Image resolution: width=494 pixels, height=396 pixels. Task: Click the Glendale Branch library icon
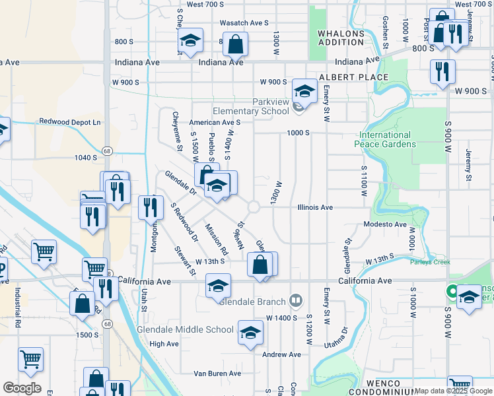tap(295, 302)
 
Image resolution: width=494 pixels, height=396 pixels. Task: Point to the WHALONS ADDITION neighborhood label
tap(341, 37)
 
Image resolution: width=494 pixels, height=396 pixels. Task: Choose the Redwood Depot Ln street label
tap(70, 121)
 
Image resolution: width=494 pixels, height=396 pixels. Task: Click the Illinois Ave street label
tap(315, 207)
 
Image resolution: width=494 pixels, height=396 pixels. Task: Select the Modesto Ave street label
tap(385, 224)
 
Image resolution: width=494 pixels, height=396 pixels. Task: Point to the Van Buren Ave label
tap(221, 373)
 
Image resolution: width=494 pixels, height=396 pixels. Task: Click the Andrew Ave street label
tap(282, 354)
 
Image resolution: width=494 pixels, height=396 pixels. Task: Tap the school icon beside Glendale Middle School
tap(250, 333)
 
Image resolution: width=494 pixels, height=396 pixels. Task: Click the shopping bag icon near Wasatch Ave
tap(234, 45)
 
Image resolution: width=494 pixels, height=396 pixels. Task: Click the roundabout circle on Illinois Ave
tap(254, 207)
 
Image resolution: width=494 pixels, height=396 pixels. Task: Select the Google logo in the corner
tap(22, 387)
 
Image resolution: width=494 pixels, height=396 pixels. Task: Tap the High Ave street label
tap(164, 344)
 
